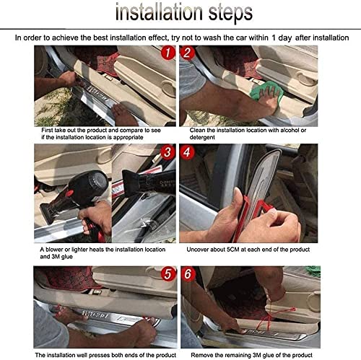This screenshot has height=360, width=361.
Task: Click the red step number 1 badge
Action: (168, 53)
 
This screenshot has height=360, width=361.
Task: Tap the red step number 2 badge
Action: (189, 53)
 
